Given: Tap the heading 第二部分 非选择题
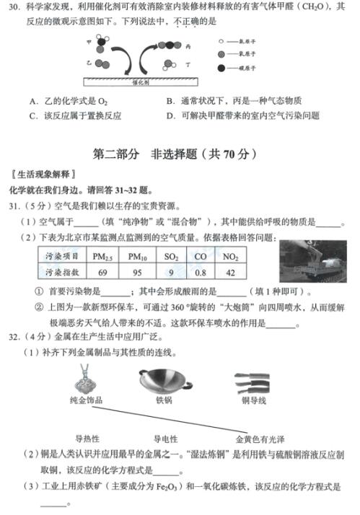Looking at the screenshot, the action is point(180,154).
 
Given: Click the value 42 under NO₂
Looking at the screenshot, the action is point(231,272).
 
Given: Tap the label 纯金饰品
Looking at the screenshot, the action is point(86,400).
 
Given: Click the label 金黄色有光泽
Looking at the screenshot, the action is point(260,438).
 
